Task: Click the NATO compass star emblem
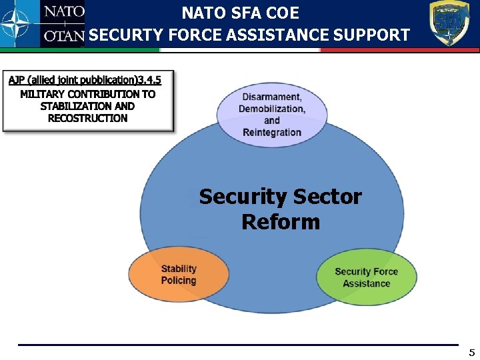(x=19, y=24)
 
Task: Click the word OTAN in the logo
(x=64, y=36)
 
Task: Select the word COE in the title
(x=282, y=13)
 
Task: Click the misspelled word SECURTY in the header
(x=121, y=35)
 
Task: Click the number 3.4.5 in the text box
(x=149, y=80)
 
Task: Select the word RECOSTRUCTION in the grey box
(x=87, y=118)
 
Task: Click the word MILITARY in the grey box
(x=43, y=94)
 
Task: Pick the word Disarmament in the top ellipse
(x=271, y=97)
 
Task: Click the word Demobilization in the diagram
(x=272, y=109)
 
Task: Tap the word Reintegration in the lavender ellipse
(x=272, y=132)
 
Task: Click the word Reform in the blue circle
(x=280, y=221)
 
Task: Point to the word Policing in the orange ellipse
(x=179, y=281)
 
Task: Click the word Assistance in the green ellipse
(x=366, y=283)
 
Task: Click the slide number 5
(x=471, y=353)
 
